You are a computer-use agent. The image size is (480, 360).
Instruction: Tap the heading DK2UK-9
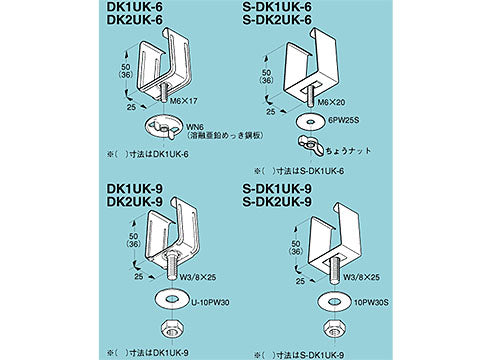[136, 201]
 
